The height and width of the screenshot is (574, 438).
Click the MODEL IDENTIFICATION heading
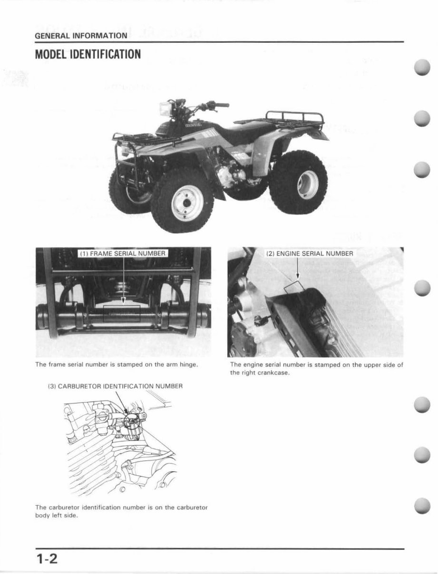click(88, 54)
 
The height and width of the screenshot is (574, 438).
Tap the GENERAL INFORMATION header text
click(81, 35)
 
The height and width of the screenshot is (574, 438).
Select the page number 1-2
click(47, 558)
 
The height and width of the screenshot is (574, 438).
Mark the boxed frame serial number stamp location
click(122, 313)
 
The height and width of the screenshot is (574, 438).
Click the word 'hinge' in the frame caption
click(189, 364)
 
